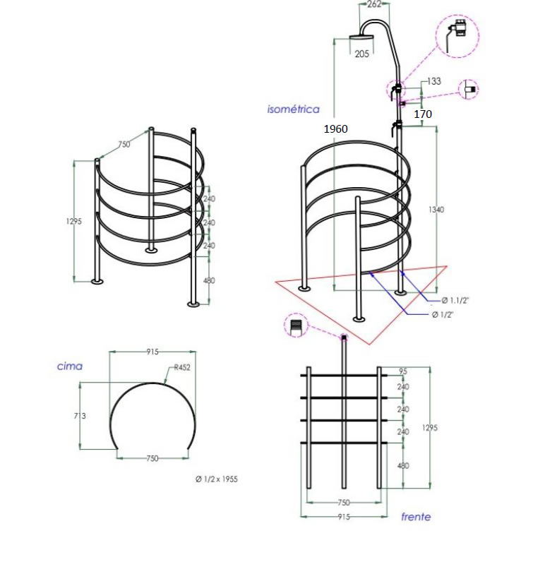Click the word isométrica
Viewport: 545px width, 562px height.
[293, 109]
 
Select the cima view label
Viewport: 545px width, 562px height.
[70, 366]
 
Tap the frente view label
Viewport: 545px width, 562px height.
[416, 517]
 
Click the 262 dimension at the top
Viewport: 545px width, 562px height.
[374, 4]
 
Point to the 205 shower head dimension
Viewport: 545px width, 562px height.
[362, 54]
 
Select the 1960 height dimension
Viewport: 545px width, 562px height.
[336, 129]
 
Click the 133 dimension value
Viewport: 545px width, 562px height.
[433, 82]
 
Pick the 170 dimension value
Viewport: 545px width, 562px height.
[423, 114]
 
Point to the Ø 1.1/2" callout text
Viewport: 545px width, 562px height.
[455, 300]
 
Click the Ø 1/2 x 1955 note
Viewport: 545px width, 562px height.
[216, 479]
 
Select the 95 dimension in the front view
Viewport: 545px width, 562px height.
[403, 371]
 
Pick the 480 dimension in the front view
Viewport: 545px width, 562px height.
[403, 466]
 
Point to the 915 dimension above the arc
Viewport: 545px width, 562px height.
[152, 352]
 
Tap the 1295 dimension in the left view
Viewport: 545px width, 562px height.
[75, 221]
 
